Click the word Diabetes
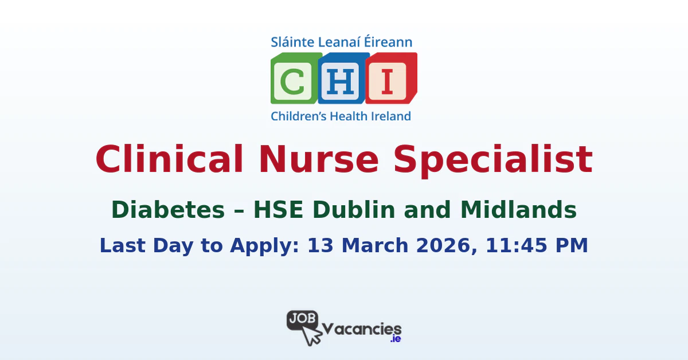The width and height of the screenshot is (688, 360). (168, 210)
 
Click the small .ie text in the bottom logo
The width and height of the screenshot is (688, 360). (395, 339)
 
